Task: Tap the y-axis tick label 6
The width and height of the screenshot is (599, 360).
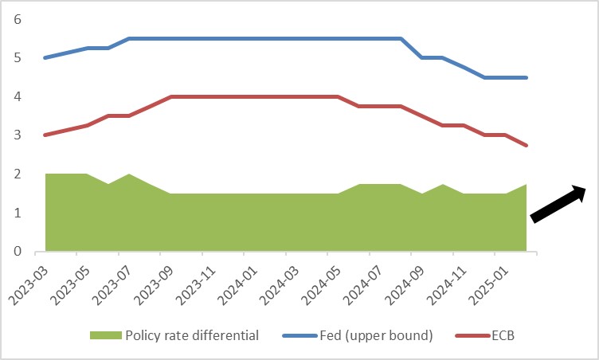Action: (18, 19)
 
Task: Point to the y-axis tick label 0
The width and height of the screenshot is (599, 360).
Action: (18, 252)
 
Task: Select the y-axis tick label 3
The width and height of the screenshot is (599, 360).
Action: (18, 135)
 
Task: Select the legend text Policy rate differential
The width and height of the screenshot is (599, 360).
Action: (192, 335)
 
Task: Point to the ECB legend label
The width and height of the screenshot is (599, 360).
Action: (507, 335)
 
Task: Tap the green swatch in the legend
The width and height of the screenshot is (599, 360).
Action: (104, 335)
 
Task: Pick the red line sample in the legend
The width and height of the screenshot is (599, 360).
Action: (470, 335)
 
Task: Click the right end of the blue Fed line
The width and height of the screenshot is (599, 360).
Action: (527, 77)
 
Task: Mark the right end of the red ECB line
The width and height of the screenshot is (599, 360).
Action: (527, 145)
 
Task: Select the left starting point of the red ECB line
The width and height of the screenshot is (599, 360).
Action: (45, 135)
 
